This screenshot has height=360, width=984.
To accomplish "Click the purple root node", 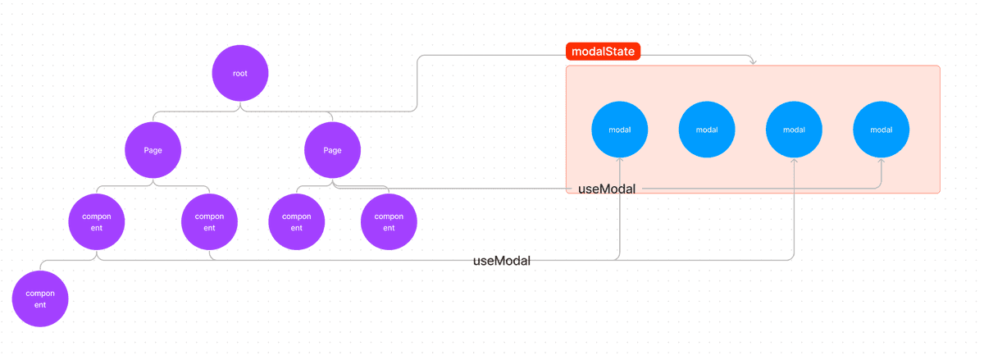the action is pos(239,73).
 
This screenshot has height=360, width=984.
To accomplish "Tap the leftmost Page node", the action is pos(153,150).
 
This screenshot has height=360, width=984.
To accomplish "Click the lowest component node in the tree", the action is pos(40,298).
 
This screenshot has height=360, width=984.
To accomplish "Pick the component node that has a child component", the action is pos(97,221).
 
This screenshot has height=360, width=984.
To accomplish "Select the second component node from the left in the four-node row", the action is pos(210,221).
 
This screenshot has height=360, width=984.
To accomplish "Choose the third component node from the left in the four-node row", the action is pos(297,221).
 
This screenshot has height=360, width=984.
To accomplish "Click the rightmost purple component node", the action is pos(389,221).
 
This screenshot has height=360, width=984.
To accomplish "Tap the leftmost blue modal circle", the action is pos(619,130).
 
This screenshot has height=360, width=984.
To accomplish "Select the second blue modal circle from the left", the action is pos(707,130).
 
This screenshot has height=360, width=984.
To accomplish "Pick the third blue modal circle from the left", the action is pos(794,130).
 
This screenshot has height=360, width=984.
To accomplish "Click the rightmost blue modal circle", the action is pos(881,130).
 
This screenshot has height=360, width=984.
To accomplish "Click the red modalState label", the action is pos(604,52).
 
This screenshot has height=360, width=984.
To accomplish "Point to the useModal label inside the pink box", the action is pos(607,189).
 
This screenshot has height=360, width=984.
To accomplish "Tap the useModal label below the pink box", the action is pos(502,261).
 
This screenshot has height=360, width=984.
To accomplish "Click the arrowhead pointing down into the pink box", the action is pos(753,62).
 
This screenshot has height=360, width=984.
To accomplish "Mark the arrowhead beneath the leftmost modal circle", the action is pos(619,160).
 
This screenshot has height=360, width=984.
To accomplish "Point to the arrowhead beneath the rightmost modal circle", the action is pos(881,161).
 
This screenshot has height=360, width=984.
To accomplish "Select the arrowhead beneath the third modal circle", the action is pos(794,161).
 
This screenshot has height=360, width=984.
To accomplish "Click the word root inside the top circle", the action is pos(239,74).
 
